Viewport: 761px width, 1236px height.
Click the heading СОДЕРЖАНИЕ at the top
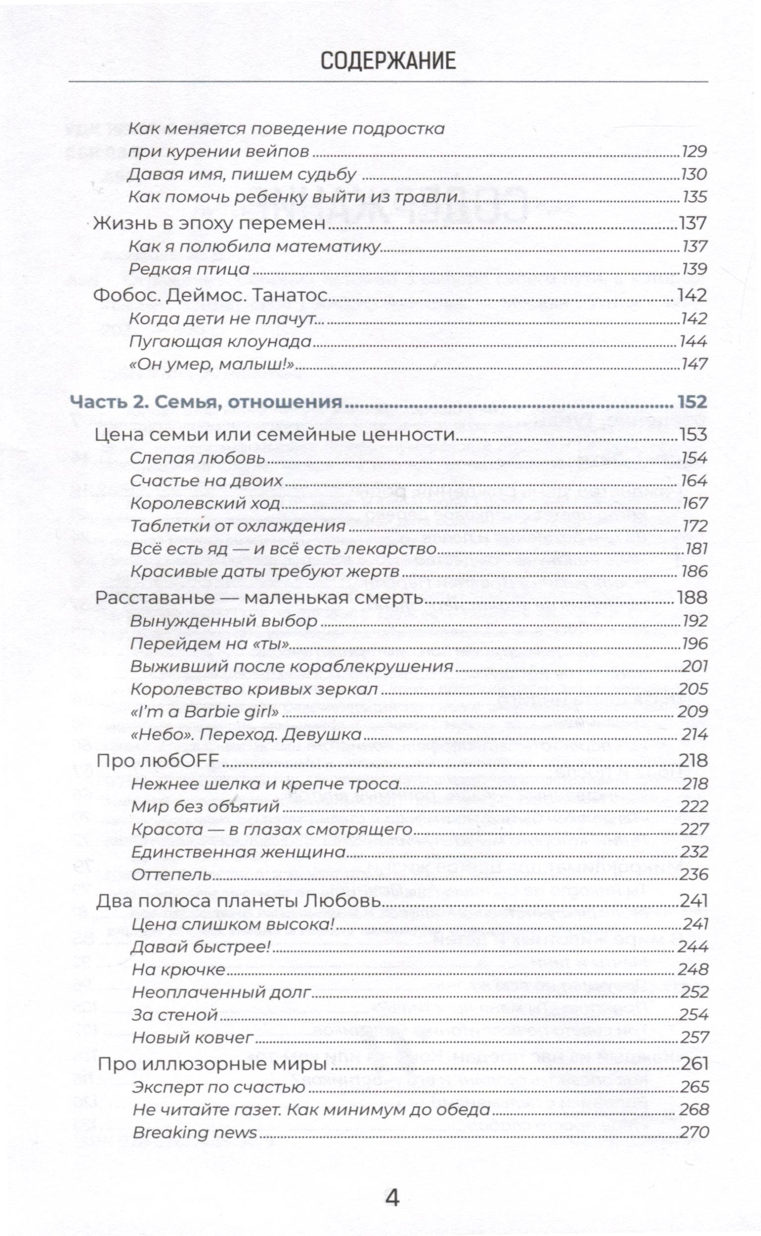click(x=388, y=61)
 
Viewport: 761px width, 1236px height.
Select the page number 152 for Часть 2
click(x=692, y=402)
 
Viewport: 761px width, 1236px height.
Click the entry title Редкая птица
click(x=189, y=269)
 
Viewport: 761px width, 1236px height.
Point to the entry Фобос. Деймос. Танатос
click(x=211, y=295)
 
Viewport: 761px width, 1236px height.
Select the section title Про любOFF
click(x=158, y=761)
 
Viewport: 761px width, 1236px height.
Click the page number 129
click(x=694, y=152)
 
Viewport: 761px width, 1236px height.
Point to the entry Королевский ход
click(x=205, y=503)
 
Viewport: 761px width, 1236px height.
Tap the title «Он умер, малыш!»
click(x=211, y=364)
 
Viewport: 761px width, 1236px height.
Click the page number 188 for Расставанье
click(x=692, y=598)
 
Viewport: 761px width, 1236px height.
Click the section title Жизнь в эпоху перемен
click(x=210, y=223)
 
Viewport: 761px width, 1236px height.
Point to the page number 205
click(x=694, y=689)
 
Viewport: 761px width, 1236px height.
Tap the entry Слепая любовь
click(x=197, y=458)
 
